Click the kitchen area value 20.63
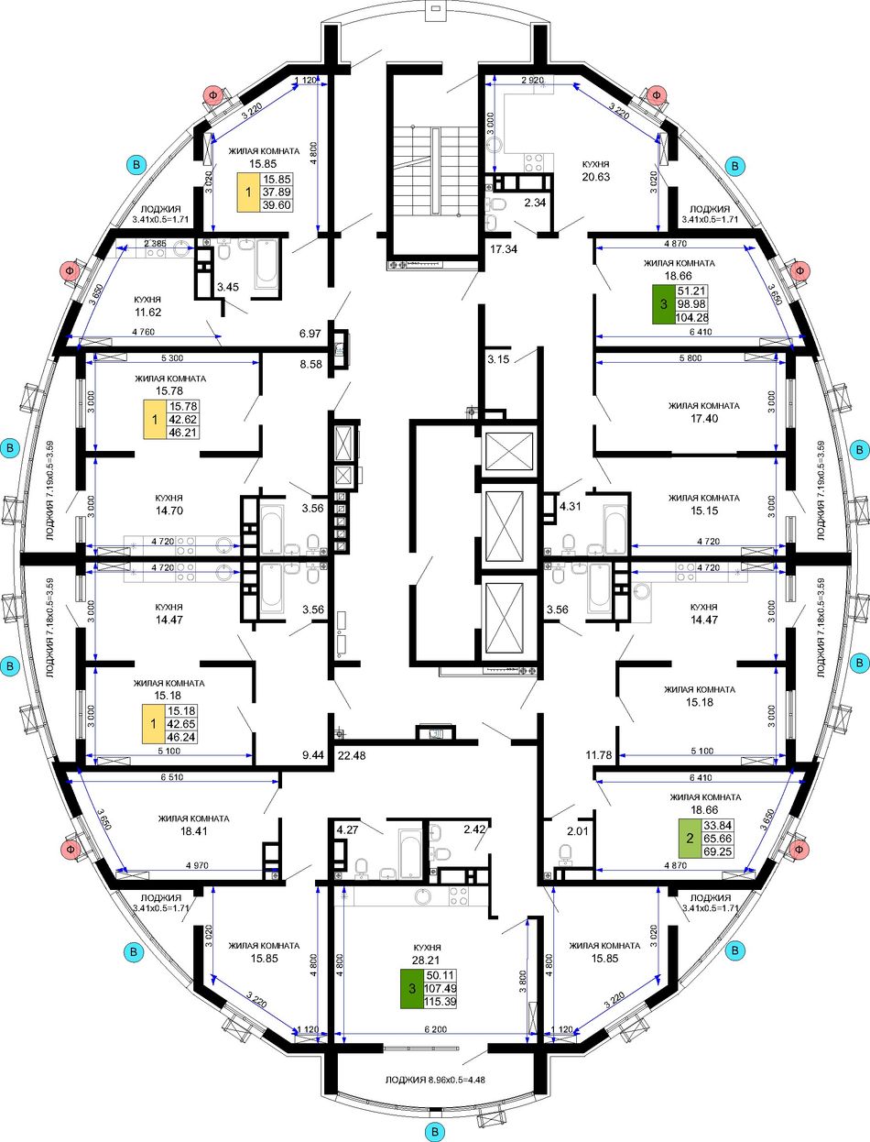click(x=595, y=177)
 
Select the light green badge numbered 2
click(x=691, y=838)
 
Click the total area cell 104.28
click(x=691, y=317)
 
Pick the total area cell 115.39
click(x=440, y=1002)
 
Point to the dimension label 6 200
click(x=436, y=1028)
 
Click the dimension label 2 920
click(x=533, y=80)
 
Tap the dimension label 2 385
click(x=156, y=243)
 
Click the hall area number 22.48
click(x=352, y=755)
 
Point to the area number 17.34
click(x=504, y=249)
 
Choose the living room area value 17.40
click(x=704, y=418)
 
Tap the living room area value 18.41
click(x=193, y=831)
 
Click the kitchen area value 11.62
click(x=147, y=313)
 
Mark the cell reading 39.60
click(x=277, y=205)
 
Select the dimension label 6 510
click(x=172, y=777)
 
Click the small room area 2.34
click(x=535, y=203)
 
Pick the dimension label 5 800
click(x=691, y=358)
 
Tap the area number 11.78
click(x=599, y=755)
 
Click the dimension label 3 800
click(x=523, y=982)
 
